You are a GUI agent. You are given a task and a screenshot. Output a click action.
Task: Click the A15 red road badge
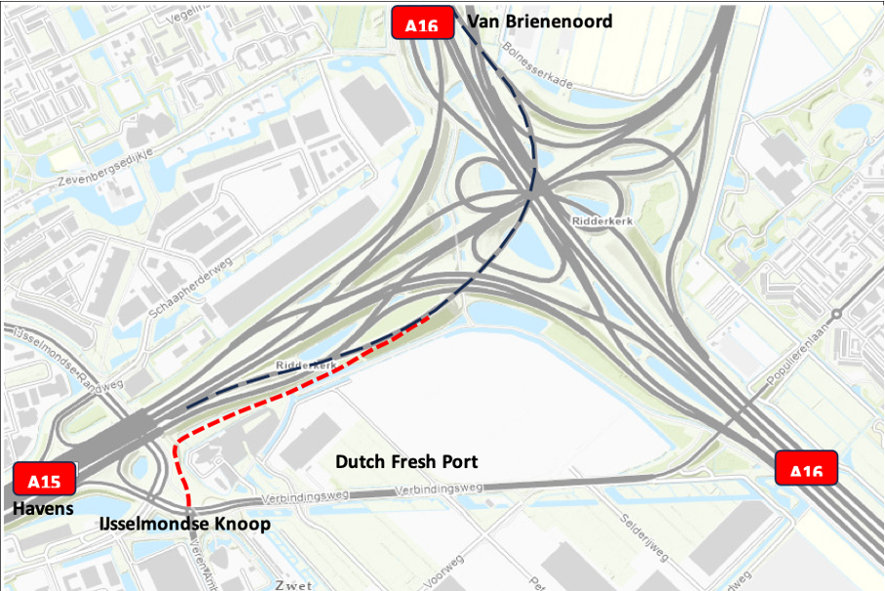(x=45, y=480)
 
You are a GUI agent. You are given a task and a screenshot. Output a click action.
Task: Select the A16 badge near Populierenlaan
(x=806, y=469)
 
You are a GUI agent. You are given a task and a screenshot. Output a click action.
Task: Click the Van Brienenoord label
(x=540, y=21)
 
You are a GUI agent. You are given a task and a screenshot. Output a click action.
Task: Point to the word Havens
(x=43, y=509)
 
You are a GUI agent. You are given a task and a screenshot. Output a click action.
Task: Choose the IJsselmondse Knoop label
(x=185, y=525)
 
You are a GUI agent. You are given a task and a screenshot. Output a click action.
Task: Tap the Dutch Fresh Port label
(x=406, y=461)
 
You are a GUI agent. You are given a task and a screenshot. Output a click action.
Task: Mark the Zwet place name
(x=292, y=585)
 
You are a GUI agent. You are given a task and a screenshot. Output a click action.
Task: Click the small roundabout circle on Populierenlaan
(x=835, y=315)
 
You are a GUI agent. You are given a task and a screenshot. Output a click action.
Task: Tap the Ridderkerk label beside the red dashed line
(x=306, y=365)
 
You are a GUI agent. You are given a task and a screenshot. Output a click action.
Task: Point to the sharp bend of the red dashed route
(x=175, y=445)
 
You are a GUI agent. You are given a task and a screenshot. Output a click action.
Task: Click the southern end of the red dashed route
(x=190, y=511)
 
